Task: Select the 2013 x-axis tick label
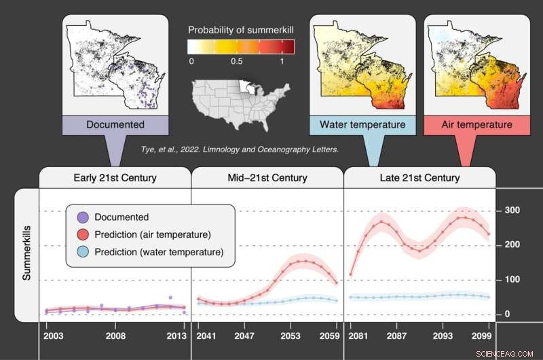(x=176, y=336)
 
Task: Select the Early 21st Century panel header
(x=115, y=178)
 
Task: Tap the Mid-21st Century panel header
(x=267, y=178)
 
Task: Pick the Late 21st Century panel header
(x=419, y=178)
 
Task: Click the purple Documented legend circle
(x=82, y=217)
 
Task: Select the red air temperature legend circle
(x=82, y=235)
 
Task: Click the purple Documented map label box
(x=115, y=125)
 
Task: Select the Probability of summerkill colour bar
(x=241, y=46)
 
